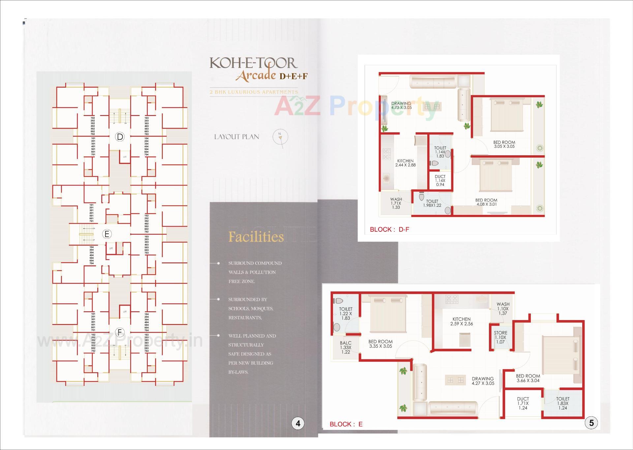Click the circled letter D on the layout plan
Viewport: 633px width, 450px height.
click(120, 137)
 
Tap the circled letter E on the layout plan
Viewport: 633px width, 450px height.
click(106, 234)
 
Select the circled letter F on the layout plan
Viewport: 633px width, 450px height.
click(120, 332)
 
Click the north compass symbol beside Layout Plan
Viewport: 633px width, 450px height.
click(280, 136)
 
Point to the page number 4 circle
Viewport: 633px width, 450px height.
click(298, 423)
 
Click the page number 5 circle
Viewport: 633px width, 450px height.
click(591, 423)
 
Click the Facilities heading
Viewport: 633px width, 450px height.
click(256, 237)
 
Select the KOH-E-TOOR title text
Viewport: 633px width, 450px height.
click(253, 63)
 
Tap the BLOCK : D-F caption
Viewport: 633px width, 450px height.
click(389, 229)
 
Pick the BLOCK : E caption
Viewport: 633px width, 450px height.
click(346, 424)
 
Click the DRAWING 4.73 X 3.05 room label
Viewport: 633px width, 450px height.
click(401, 105)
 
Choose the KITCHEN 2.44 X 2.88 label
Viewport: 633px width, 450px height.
click(405, 163)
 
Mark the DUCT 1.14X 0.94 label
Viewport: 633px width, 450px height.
click(440, 180)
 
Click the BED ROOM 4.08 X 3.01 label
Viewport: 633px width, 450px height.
click(486, 202)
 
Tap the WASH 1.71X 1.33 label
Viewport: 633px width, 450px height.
click(396, 203)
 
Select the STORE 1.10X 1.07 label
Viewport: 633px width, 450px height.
click(500, 337)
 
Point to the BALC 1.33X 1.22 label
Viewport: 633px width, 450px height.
click(346, 347)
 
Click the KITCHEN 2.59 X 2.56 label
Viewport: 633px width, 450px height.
click(462, 321)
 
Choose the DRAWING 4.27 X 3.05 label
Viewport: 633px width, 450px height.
click(483, 381)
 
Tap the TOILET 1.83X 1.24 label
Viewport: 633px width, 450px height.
click(563, 403)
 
